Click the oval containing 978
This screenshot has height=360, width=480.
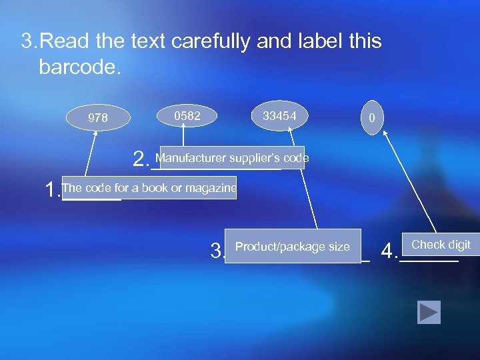pyautogui.click(x=98, y=118)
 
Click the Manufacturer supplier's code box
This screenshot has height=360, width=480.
pyautogui.click(x=232, y=158)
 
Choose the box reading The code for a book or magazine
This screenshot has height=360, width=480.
pyautogui.click(x=149, y=188)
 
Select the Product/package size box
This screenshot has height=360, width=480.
pyautogui.click(x=293, y=247)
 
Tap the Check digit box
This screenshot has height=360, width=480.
pyautogui.click(x=441, y=245)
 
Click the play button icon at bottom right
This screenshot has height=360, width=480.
pyautogui.click(x=429, y=312)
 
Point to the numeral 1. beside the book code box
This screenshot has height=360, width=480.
pyautogui.click(x=51, y=191)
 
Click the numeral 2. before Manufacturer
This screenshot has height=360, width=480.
pyautogui.click(x=140, y=159)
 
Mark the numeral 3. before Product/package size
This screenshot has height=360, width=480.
pyautogui.click(x=217, y=251)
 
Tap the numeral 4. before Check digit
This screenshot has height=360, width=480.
pyautogui.click(x=389, y=251)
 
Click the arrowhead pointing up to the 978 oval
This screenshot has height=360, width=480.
pyautogui.click(x=96, y=133)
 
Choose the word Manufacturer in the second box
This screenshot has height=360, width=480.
pyautogui.click(x=191, y=158)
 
